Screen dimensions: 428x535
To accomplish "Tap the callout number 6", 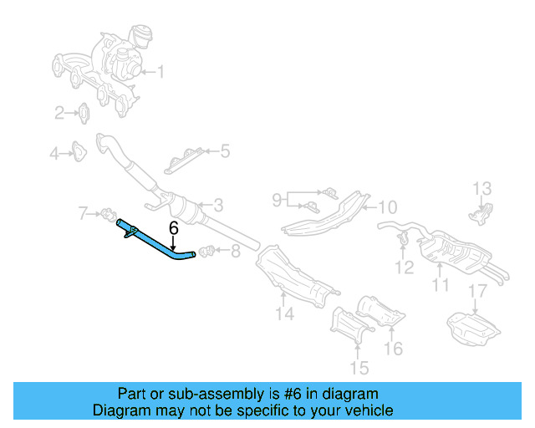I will [173, 227].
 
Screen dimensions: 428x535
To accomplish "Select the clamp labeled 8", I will [277, 199].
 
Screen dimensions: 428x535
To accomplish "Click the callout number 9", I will [387, 206].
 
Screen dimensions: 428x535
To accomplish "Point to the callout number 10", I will [441, 285].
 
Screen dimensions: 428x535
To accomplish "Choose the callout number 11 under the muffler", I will [404, 267].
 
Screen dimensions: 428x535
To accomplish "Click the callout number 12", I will [485, 188].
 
